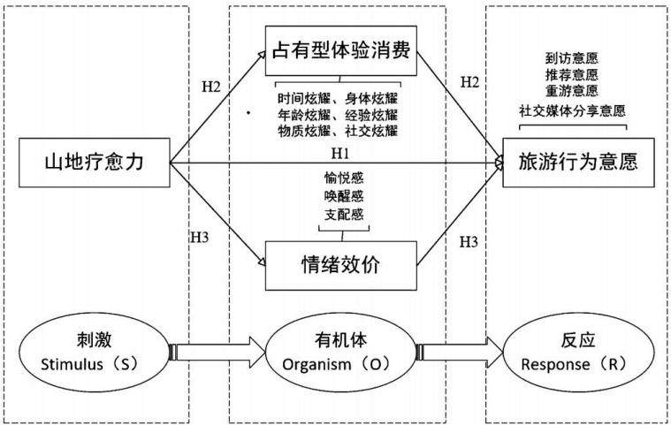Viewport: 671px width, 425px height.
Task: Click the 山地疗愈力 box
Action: (94, 163)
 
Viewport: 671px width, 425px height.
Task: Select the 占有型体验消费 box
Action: (341, 51)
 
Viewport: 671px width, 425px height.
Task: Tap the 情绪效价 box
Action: (341, 266)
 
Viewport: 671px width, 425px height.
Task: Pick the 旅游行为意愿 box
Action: (578, 163)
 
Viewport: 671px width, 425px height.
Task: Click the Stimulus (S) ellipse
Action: (94, 353)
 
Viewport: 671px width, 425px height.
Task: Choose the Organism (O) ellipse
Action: (341, 353)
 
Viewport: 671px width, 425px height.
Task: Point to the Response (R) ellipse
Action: (578, 353)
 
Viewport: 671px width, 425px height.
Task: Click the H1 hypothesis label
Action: (340, 153)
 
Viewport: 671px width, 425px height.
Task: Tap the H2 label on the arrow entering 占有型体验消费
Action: (211, 87)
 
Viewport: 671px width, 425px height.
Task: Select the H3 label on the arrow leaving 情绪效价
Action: (469, 242)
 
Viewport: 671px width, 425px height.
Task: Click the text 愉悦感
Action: (344, 178)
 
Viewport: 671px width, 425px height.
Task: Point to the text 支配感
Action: (344, 214)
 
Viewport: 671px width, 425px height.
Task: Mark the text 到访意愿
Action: (572, 57)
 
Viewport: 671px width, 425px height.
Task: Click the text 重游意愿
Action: (572, 91)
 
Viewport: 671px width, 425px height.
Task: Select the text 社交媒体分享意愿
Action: (573, 110)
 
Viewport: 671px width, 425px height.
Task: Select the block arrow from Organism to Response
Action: (460, 353)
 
